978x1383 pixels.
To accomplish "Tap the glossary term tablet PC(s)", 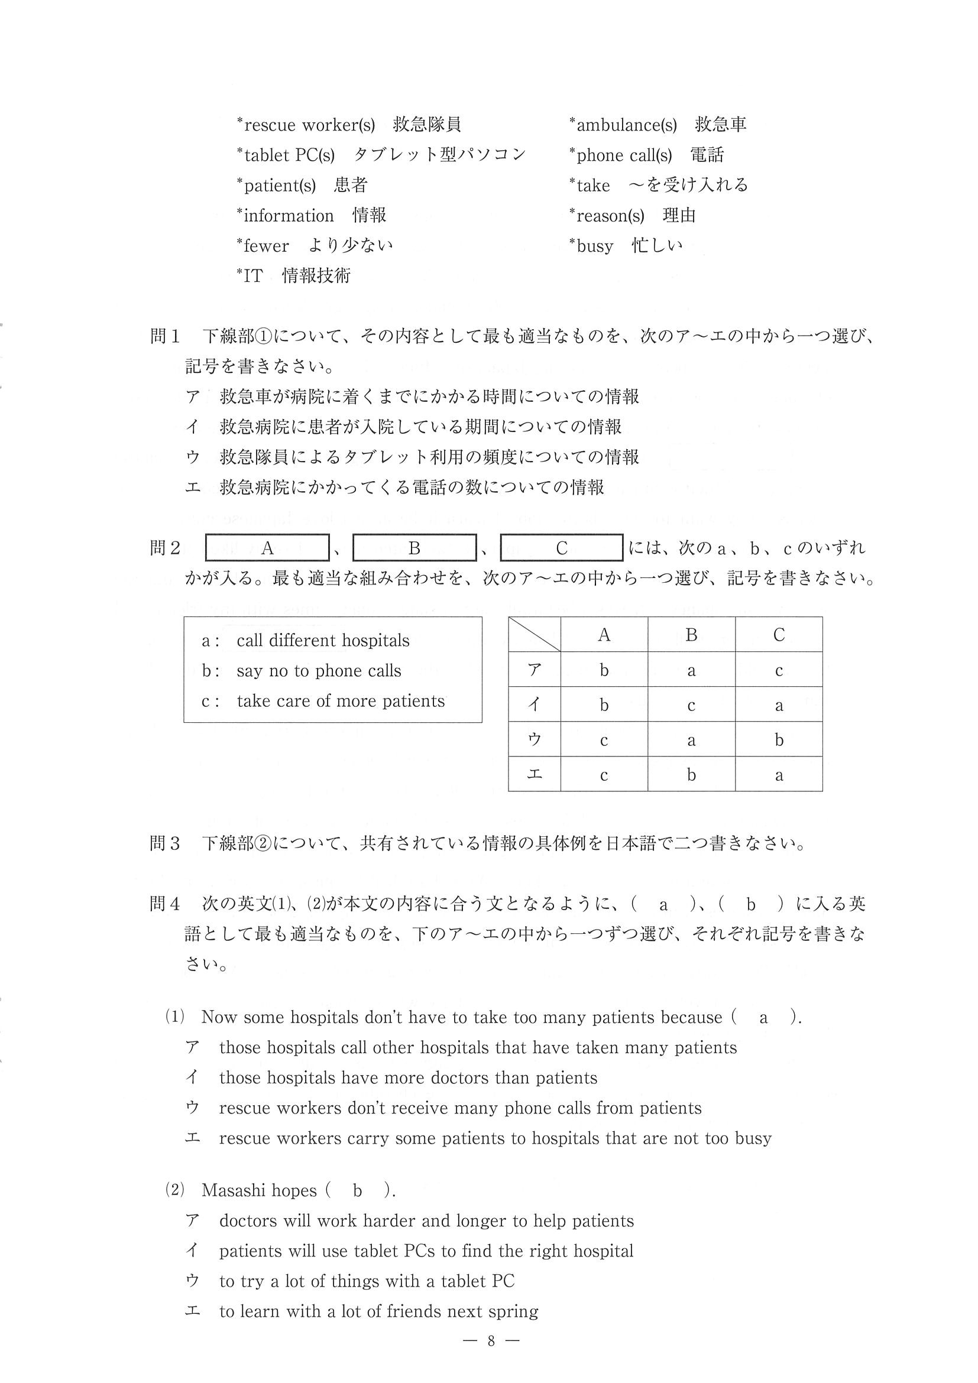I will tap(289, 155).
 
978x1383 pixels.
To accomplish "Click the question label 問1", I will tap(164, 336).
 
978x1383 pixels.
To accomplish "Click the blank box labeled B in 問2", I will tap(414, 548).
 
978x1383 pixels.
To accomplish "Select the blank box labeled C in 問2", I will tap(562, 548).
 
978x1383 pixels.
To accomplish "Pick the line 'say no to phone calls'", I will tap(319, 670).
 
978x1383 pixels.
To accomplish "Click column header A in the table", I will tap(604, 634).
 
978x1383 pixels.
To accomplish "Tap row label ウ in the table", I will tap(535, 739).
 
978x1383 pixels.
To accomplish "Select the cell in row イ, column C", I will tap(779, 705).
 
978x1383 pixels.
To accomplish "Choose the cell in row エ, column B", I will tap(691, 774).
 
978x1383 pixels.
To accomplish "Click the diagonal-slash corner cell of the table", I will tap(535, 634).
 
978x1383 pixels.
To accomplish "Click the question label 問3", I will tap(164, 843).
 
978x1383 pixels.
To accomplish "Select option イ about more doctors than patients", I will tap(408, 1077).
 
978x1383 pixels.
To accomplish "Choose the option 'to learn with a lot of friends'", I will tap(378, 1311).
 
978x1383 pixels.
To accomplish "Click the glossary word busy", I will tap(595, 246).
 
